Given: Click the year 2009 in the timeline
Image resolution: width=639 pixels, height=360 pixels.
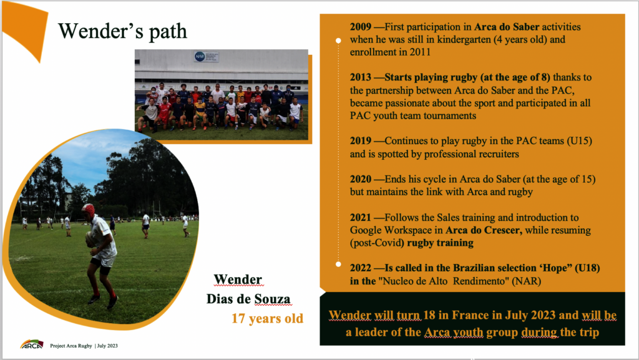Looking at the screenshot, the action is click(360, 27).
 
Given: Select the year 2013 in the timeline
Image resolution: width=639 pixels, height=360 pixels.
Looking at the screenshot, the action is click(360, 77).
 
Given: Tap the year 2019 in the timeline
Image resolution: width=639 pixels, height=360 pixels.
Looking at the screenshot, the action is click(360, 141).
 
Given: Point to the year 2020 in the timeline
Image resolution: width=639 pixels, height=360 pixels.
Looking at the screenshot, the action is click(360, 179).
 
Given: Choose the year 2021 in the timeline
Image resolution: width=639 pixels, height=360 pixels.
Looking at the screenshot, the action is click(360, 218).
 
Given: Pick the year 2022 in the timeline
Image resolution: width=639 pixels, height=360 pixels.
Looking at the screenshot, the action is click(360, 268).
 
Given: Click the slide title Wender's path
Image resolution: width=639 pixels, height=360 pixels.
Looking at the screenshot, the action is click(123, 31).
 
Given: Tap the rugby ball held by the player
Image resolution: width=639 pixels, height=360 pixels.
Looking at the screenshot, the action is click(90, 239).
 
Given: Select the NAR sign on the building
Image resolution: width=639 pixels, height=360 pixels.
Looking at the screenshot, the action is click(206, 57).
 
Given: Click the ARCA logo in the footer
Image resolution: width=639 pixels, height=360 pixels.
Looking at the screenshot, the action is click(32, 345).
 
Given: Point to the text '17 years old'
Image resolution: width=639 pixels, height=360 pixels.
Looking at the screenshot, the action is click(267, 318).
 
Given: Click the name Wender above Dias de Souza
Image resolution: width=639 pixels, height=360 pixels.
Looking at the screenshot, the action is click(238, 280).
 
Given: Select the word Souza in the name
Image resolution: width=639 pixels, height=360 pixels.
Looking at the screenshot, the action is click(273, 299).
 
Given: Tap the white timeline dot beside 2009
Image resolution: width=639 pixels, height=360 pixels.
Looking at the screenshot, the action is click(338, 41).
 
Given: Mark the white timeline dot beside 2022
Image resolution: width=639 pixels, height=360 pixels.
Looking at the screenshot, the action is click(338, 265).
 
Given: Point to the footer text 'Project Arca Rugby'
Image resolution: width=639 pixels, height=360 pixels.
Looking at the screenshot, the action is click(71, 346).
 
